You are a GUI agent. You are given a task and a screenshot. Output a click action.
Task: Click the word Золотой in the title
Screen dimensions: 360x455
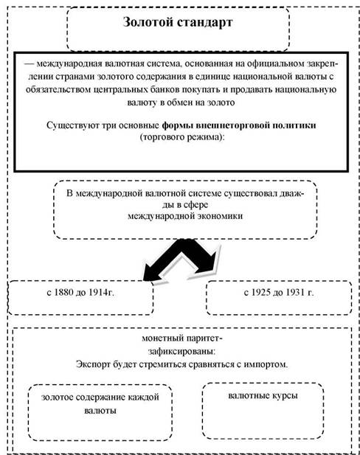click(x=148, y=22)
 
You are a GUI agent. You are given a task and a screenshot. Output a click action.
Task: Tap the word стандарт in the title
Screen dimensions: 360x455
click(x=204, y=23)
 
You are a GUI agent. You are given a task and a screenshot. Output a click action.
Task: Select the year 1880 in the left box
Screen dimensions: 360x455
click(x=63, y=292)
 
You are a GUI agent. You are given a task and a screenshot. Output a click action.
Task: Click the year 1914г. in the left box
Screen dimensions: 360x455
click(x=101, y=292)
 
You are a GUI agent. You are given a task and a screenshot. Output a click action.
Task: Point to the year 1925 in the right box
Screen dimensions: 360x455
click(x=261, y=292)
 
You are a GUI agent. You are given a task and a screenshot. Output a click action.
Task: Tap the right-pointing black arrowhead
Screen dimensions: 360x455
click(x=209, y=263)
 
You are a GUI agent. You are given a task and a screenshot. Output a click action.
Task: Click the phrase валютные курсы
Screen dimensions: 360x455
click(x=263, y=396)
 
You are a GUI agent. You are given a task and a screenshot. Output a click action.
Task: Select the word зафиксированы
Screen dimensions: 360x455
click(x=182, y=352)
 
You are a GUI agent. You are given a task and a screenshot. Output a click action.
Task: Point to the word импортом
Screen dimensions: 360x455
click(x=266, y=364)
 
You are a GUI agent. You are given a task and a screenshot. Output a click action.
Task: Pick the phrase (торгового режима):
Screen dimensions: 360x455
click(x=182, y=137)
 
